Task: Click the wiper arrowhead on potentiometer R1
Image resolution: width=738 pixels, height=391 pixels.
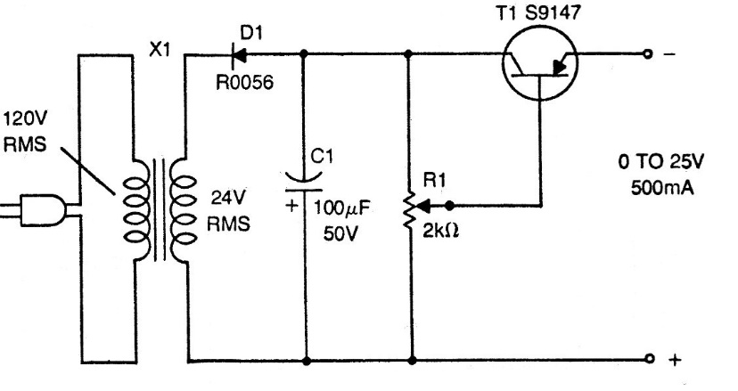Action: pos(426,204)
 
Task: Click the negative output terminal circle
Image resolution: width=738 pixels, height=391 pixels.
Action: pos(648,55)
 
